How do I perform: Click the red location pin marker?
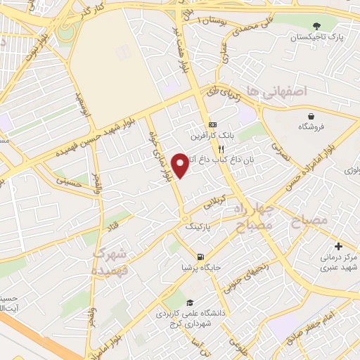pos(181,165)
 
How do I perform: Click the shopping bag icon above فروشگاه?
pos(310,115)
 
